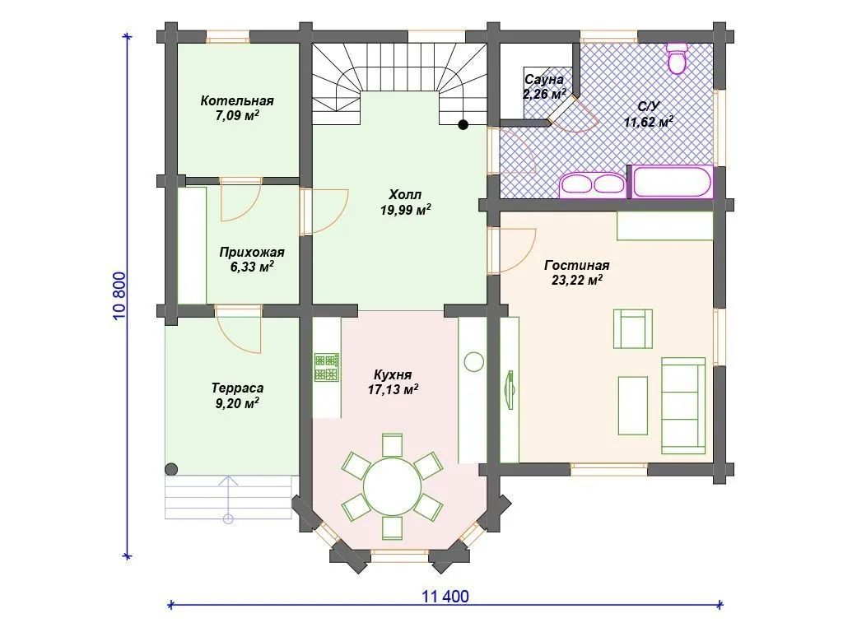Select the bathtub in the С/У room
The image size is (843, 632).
672,182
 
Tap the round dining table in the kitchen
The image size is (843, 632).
393,487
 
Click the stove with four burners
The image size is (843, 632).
326,367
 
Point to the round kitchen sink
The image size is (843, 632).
473,361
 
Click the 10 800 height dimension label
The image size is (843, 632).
119,295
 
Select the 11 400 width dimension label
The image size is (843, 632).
445,596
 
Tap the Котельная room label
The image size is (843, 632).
237,100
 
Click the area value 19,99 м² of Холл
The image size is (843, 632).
405,210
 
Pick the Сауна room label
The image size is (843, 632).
544,80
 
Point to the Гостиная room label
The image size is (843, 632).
577,265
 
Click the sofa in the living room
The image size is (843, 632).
683,406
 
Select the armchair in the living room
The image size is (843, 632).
633,329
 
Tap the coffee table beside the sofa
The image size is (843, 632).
633,405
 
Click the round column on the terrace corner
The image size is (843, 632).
171,469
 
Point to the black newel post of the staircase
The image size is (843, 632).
463,125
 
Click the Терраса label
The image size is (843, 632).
237,388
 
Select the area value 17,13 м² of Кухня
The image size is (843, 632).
393,389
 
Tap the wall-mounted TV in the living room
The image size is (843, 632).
510,390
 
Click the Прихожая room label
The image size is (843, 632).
252,252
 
